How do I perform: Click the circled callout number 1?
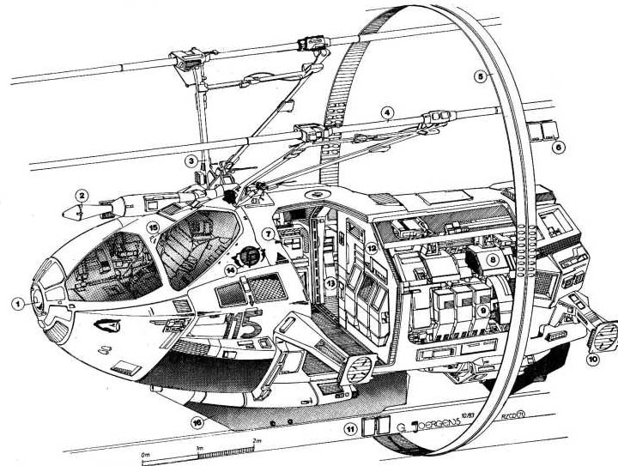17,303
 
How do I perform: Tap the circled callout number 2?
80,195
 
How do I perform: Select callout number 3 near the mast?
191,160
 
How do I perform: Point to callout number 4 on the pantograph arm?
388,112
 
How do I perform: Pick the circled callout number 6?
560,148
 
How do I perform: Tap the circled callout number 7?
268,233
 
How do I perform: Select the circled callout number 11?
348,427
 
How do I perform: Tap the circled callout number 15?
154,227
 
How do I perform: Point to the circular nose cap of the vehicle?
41,300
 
